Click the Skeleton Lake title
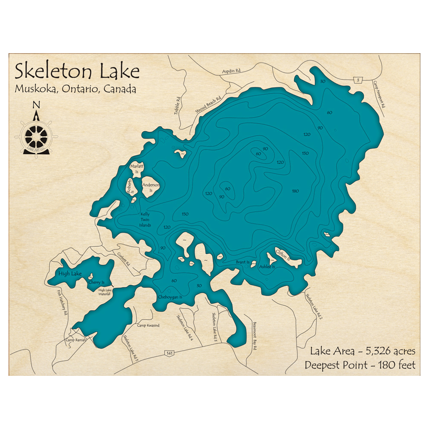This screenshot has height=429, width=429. click(77, 71)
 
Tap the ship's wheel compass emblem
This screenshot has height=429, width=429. click(36, 136)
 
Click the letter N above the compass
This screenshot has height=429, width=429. click(36, 105)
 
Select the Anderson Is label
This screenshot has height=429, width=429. click(151, 187)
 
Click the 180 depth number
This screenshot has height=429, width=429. click(295, 191)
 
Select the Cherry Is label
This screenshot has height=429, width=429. click(97, 282)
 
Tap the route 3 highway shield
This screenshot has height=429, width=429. click(357, 80)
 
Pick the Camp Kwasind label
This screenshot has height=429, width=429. click(148, 326)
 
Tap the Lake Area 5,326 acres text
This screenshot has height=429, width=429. click(362, 351)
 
